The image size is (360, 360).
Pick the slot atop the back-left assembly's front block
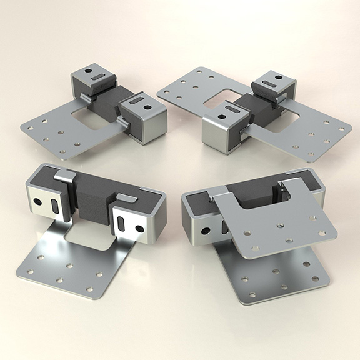pyautogui.click(x=134, y=101)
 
